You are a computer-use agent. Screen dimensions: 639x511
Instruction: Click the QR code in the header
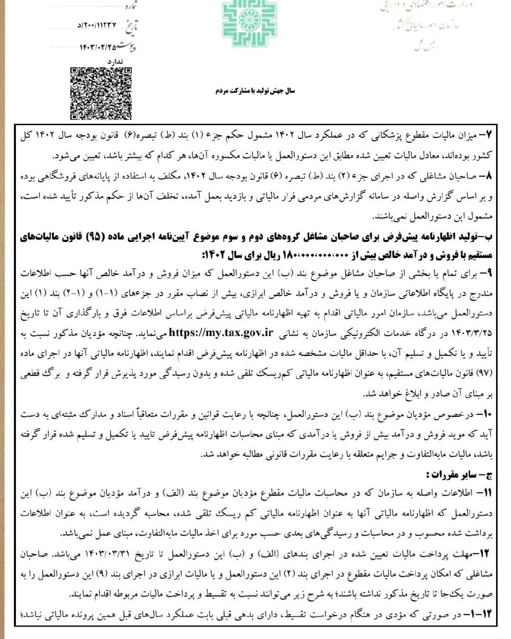coord(101,93)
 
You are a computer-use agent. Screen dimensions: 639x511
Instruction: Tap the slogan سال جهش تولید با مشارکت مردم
coord(255,91)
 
